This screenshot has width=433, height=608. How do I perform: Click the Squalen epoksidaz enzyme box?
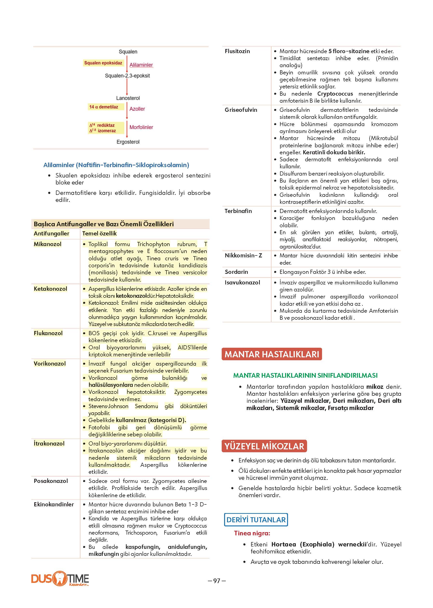tap(103, 63)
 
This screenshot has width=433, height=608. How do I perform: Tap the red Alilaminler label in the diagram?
tap(141, 65)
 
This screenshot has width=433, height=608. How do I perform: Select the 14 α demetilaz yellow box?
tap(103, 107)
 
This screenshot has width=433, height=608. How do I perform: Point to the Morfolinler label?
tap(141, 127)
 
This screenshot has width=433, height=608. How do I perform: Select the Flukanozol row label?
tap(48, 333)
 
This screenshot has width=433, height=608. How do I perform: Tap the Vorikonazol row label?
tap(50, 363)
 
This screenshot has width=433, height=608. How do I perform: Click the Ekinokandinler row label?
tap(54, 504)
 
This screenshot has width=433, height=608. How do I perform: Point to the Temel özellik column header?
tap(99, 233)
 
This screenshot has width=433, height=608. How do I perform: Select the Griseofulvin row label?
tap(241, 110)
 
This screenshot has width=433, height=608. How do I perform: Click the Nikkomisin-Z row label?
tap(243, 255)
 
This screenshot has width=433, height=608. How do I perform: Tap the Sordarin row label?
tap(236, 272)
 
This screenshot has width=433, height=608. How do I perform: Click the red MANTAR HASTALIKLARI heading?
tap(272, 354)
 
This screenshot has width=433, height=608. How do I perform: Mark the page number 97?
tap(217, 581)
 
